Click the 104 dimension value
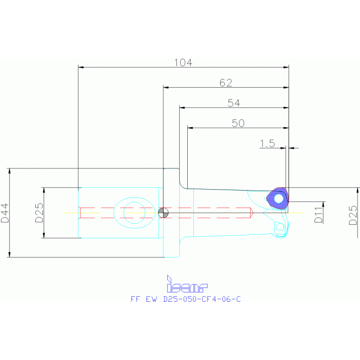tap(184, 62)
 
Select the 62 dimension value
tap(226, 83)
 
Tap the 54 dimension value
tap(234, 103)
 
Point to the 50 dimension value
tap(238, 123)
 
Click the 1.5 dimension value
tap(267, 144)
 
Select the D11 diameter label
tap(318, 213)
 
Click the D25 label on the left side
tap(39, 213)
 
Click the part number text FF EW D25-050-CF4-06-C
tap(185, 299)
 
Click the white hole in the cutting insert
tap(279, 199)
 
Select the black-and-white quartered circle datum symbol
tap(163, 213)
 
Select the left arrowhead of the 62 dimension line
tap(166, 87)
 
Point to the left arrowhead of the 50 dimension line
tap(190, 128)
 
